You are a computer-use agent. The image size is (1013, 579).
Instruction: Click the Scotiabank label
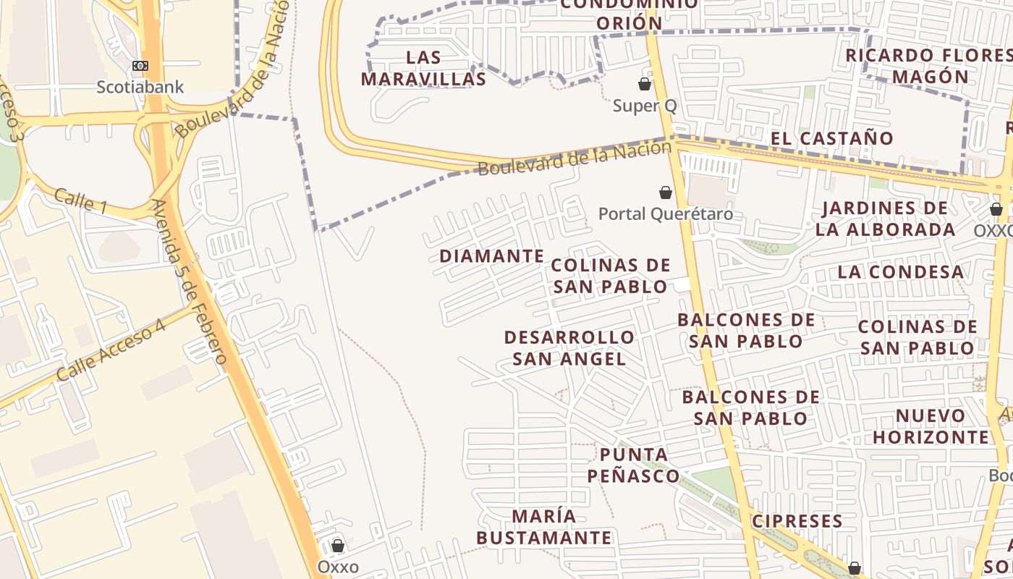coord(140,88)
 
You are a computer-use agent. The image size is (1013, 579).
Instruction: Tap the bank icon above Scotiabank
coord(140,66)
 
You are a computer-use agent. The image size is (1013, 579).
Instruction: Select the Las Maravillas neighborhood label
coord(423,68)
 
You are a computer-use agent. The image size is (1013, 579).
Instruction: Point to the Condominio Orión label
coord(630,14)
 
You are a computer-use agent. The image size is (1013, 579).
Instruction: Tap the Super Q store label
coord(645,106)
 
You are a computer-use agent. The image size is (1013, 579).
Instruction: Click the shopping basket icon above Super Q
coord(645,84)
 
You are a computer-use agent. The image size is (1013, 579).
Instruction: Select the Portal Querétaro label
coord(665,214)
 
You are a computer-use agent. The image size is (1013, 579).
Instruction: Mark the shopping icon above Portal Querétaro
coord(665,193)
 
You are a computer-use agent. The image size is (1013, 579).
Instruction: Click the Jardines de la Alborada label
coord(885,219)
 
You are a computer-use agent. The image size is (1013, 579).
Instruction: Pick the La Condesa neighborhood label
coord(901,272)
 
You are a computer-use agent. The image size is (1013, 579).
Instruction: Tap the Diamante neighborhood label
coord(491,256)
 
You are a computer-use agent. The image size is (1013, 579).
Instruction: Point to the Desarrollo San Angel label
coord(569,348)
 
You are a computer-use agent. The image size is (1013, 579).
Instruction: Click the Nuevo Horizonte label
coord(930,426)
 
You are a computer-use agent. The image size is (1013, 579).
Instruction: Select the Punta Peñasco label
coord(633,465)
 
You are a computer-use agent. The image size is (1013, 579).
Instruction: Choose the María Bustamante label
coord(544,527)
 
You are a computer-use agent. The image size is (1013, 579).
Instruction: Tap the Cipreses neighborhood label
coord(797,521)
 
